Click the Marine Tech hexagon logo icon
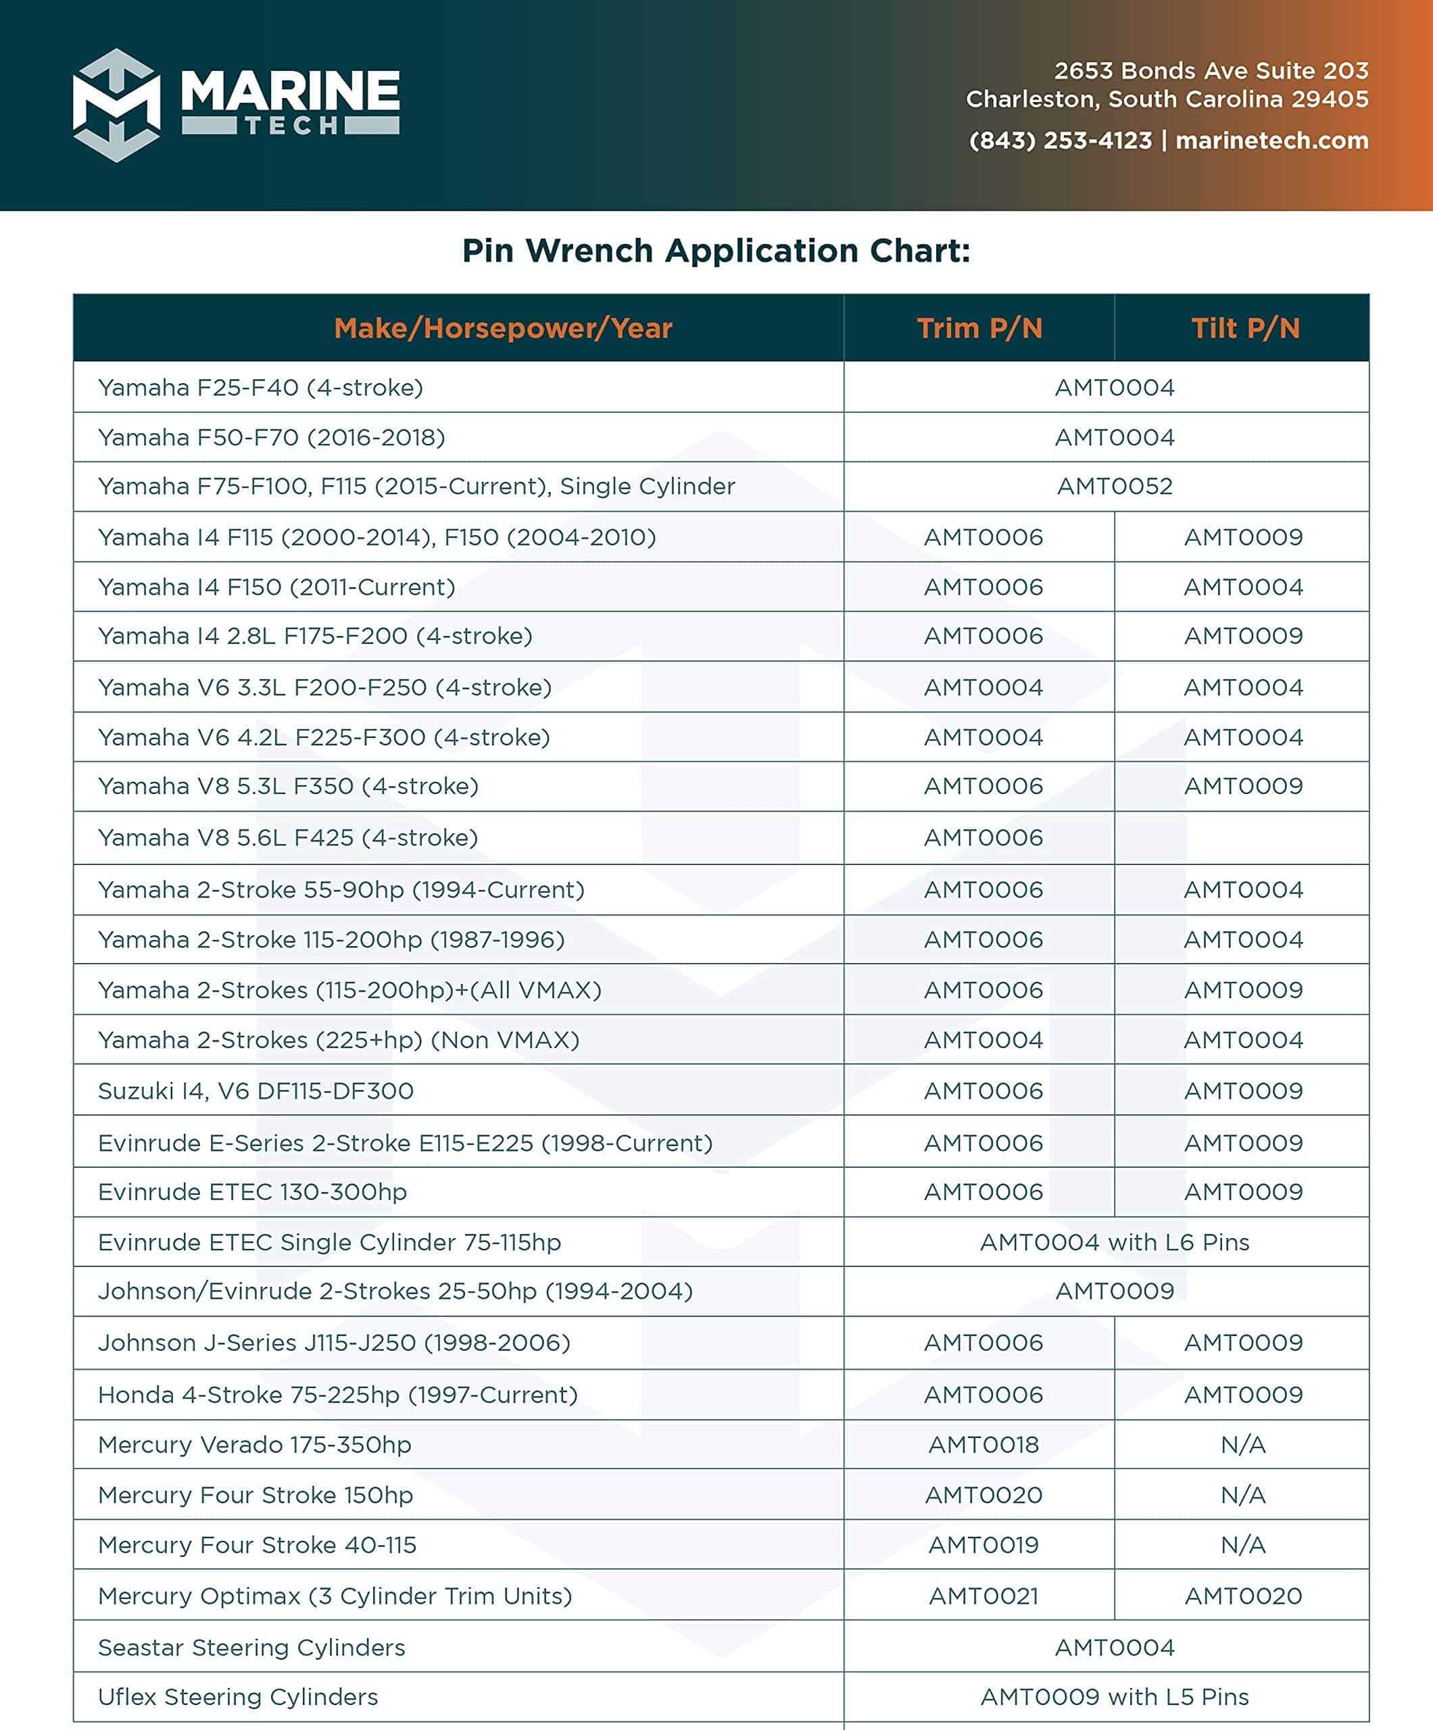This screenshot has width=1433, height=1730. point(116,105)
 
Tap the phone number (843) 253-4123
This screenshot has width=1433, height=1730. point(1060,141)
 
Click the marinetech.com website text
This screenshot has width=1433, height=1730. point(1271,141)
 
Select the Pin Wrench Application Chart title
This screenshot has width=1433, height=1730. point(716,251)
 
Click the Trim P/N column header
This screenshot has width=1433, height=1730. point(979,328)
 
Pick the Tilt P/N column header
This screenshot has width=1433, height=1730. point(1244,328)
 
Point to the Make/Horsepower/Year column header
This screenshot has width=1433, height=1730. point(503,328)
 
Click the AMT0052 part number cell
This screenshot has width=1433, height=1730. point(1114,486)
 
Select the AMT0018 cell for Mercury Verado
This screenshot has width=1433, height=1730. point(983,1444)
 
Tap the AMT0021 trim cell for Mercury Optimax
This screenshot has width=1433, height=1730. point(983,1596)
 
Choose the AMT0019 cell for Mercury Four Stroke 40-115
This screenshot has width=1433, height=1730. point(983,1545)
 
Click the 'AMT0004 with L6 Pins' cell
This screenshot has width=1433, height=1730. point(1114,1241)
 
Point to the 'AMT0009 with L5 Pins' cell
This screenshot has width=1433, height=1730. point(1114,1696)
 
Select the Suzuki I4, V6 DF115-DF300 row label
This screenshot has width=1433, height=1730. point(256,1091)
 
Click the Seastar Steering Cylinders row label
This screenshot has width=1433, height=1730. point(251,1647)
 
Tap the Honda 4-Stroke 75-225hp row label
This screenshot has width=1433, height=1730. point(338,1394)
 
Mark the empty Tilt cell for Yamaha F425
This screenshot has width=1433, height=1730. point(1242,838)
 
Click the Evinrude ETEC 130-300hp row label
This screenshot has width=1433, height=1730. point(252,1191)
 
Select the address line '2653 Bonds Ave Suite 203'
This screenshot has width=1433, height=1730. point(1211,71)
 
